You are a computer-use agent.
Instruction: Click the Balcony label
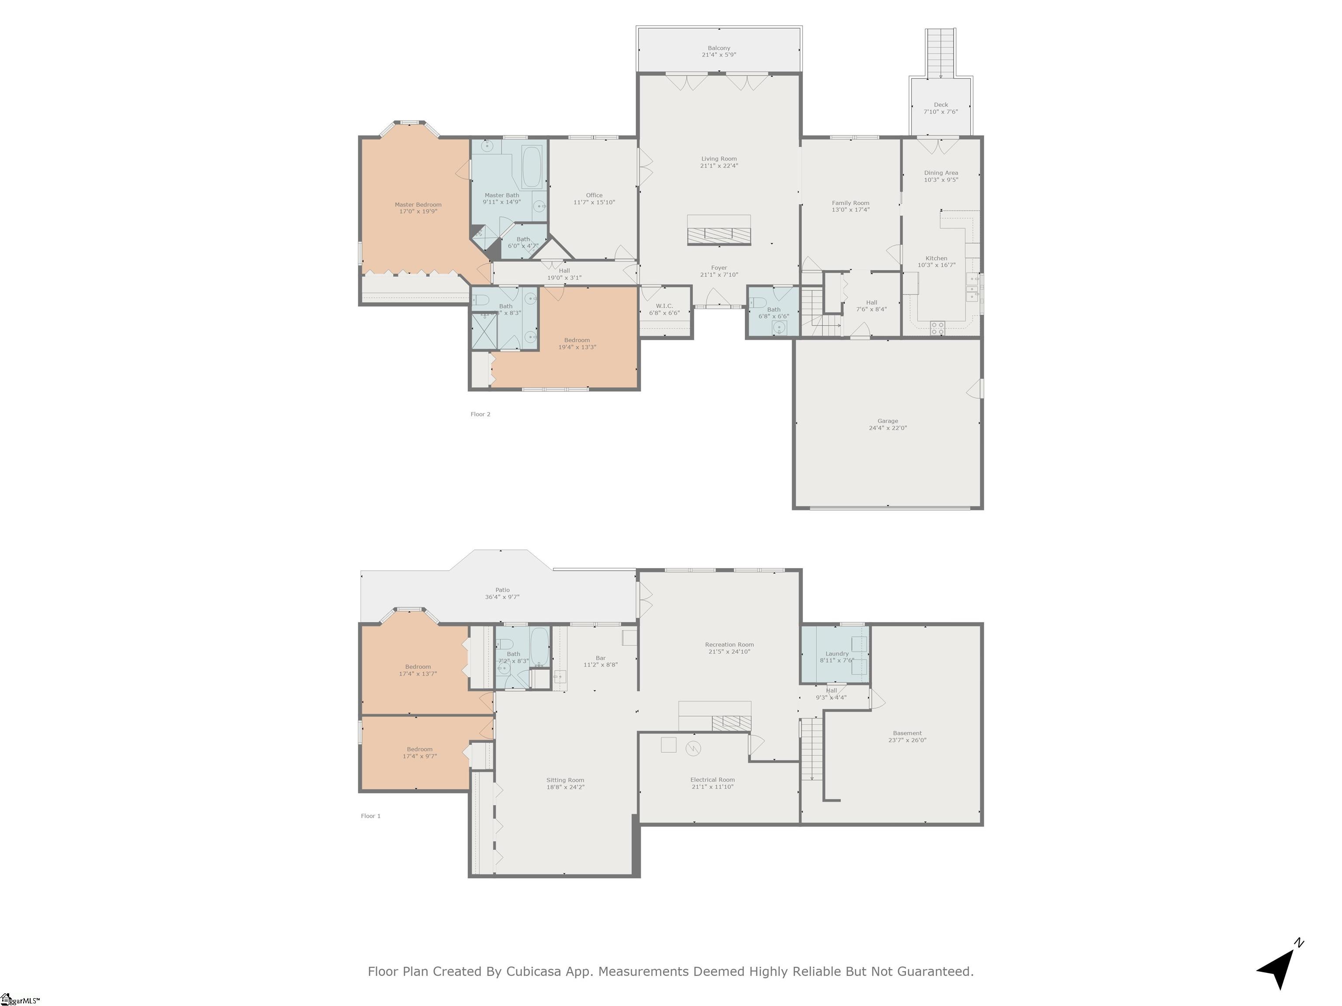pos(719,48)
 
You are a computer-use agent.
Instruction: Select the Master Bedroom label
pos(418,204)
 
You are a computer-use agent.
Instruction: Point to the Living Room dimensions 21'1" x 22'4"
pos(719,165)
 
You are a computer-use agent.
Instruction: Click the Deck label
pos(941,105)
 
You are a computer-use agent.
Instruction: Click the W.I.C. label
pos(664,306)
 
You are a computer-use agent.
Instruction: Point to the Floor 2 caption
pos(480,414)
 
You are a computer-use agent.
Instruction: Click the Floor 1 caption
pos(370,816)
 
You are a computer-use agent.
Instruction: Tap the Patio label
pos(502,590)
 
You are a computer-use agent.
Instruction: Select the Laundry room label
pos(837,654)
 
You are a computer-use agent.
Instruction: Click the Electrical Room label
pos(712,780)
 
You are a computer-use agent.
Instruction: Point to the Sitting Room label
pos(565,780)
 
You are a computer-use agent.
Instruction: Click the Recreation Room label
pos(729,644)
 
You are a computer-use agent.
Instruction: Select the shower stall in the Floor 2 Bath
pos(484,331)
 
